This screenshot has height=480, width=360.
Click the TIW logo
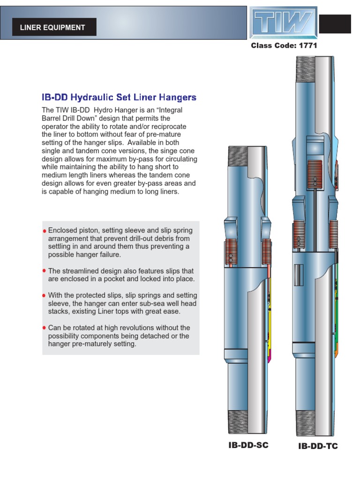click(x=283, y=22)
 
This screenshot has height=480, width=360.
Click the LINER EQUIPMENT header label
click(x=52, y=27)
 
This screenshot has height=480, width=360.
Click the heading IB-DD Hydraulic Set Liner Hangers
click(x=119, y=97)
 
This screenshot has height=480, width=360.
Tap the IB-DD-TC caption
click(x=318, y=446)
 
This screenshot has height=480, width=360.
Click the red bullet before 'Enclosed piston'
click(x=45, y=231)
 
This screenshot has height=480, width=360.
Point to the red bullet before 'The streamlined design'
click(x=45, y=271)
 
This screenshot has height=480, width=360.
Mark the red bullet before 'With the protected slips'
click(x=45, y=295)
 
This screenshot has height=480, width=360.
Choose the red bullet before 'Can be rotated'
click(x=45, y=328)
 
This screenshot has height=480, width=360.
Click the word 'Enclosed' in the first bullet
click(x=63, y=231)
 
